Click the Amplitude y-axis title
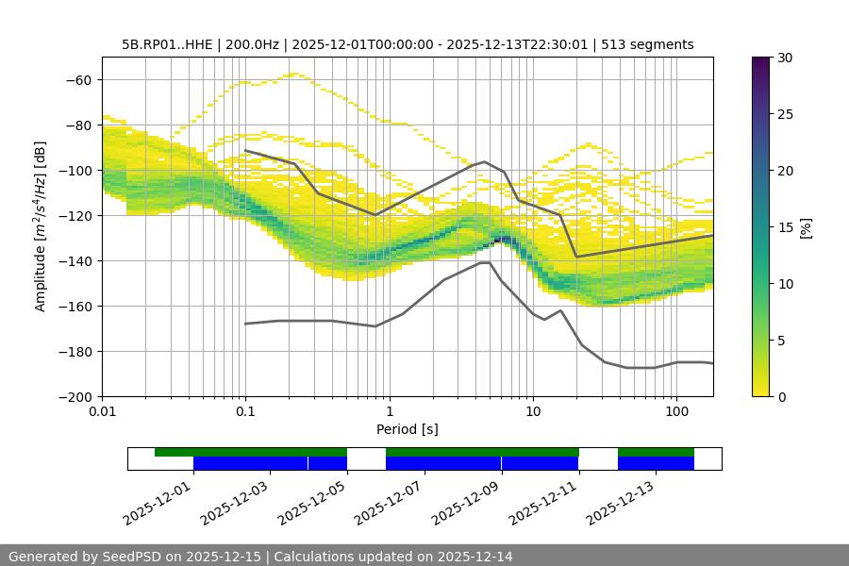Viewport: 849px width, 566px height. pyautogui.click(x=41, y=226)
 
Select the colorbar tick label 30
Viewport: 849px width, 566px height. pyautogui.click(x=785, y=58)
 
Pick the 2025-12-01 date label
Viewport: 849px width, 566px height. pyautogui.click(x=158, y=500)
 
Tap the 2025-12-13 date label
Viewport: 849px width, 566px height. pyautogui.click(x=620, y=500)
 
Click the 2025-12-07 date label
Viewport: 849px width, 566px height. pyautogui.click(x=389, y=500)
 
